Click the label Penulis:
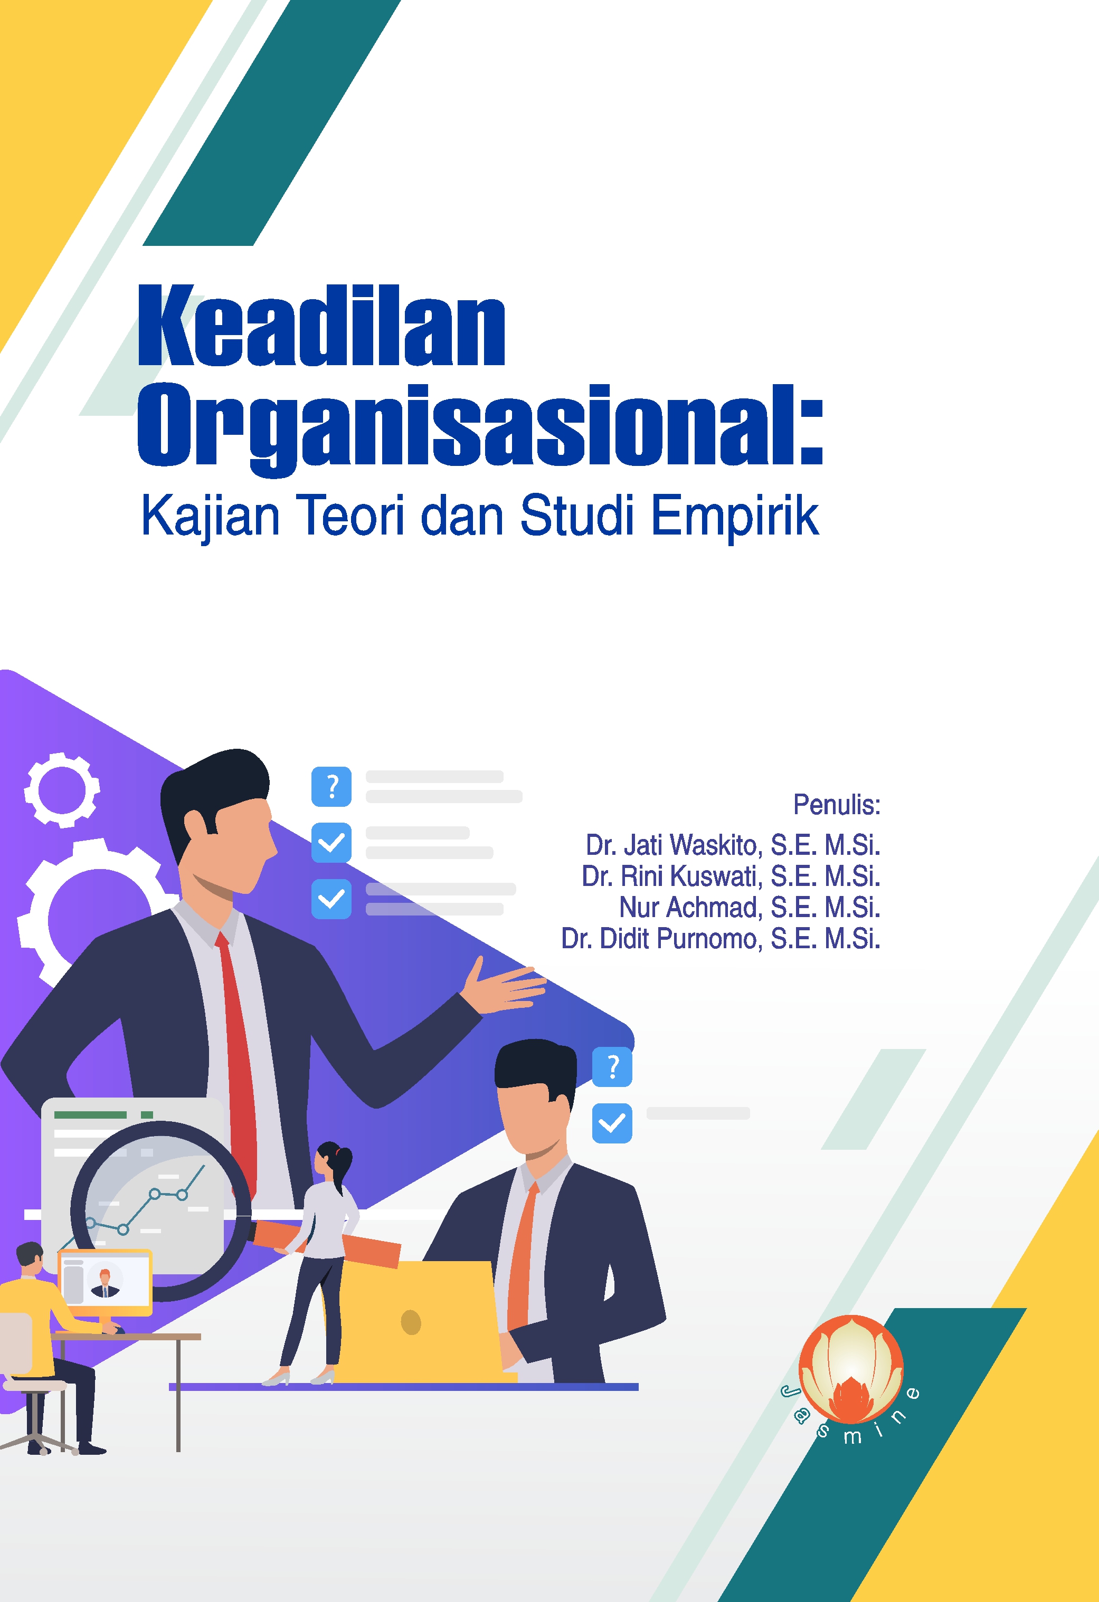coord(836,805)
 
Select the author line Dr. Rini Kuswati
coord(731,876)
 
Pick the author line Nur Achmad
coord(750,907)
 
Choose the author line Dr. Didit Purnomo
coord(721,938)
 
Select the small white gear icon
coord(62,790)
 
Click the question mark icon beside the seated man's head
coord(612,1067)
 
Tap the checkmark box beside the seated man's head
coord(612,1123)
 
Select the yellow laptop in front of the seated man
coord(421,1321)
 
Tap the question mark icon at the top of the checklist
coord(331,787)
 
